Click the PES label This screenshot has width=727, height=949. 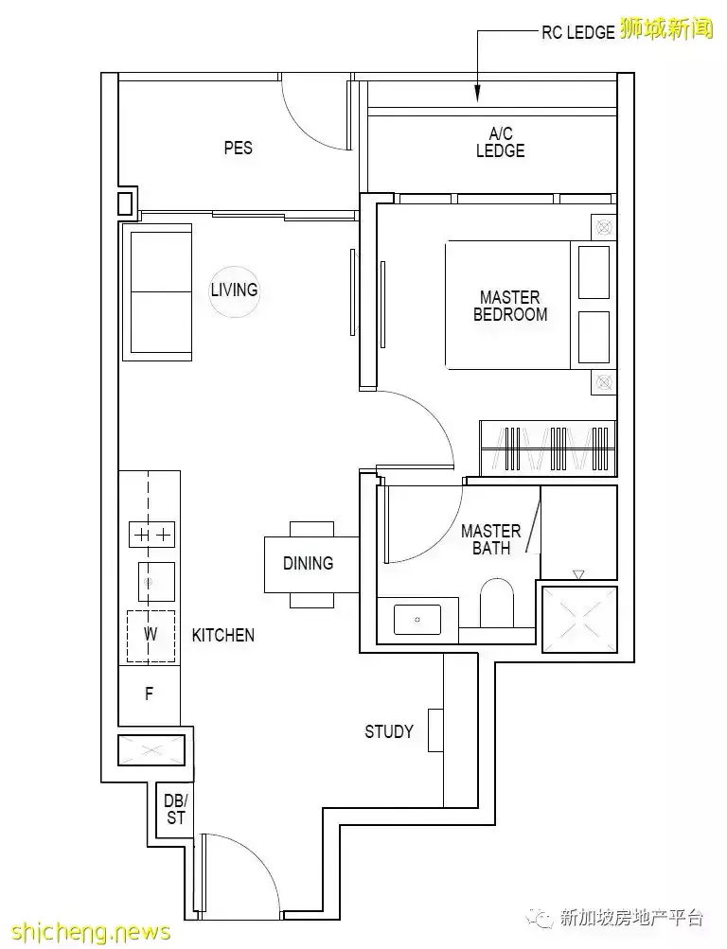tap(238, 148)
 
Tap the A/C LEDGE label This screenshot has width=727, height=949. tap(500, 142)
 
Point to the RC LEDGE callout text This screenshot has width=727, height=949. tap(578, 33)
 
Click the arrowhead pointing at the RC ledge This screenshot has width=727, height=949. tap(478, 94)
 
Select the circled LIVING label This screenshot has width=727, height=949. tap(234, 290)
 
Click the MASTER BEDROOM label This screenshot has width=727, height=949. tap(510, 306)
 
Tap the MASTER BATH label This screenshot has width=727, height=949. tap(491, 539)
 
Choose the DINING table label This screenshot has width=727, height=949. tap(308, 564)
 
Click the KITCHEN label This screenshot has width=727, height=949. tap(222, 635)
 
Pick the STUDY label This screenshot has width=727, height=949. tap(389, 731)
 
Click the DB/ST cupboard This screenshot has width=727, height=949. tap(175, 810)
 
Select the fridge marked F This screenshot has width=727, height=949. tap(149, 694)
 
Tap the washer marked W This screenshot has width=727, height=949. tap(151, 636)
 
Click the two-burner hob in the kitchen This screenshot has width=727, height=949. tap(152, 535)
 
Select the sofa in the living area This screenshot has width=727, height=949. tap(157, 291)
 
